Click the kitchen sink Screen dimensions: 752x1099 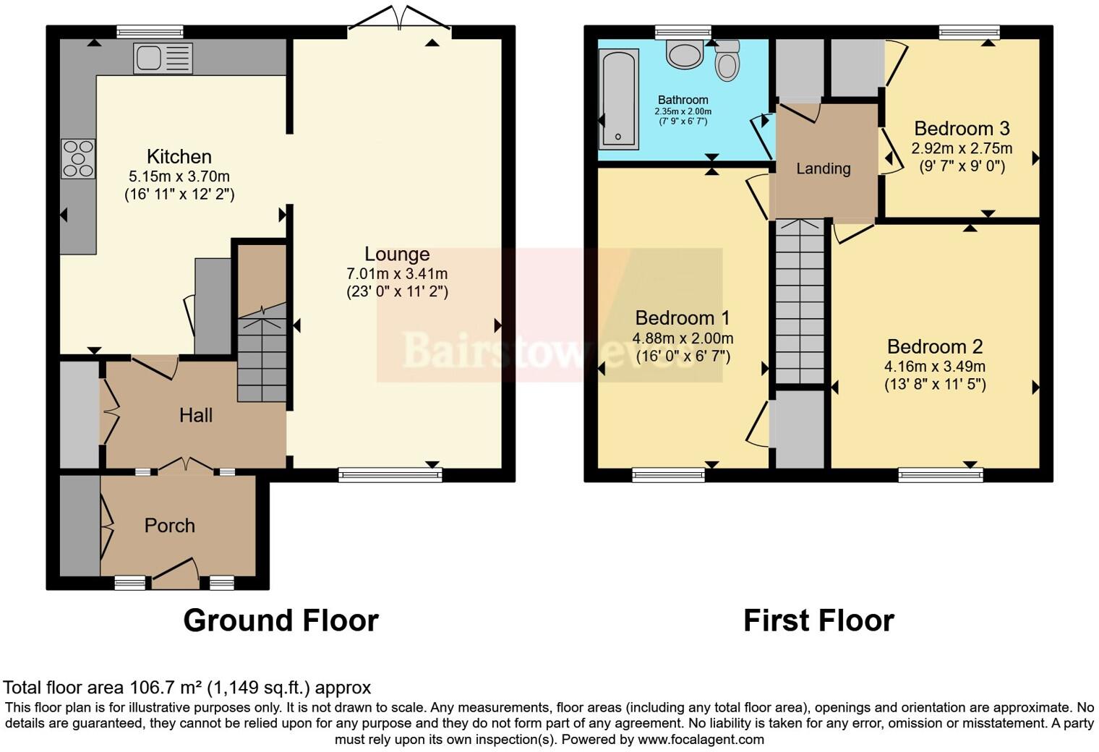(x=163, y=58)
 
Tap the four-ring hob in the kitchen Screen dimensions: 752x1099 (x=78, y=158)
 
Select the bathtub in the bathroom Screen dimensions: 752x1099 (x=618, y=98)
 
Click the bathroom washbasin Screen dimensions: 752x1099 (x=684, y=54)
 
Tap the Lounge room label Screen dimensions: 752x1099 (x=397, y=254)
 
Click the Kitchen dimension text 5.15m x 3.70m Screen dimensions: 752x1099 (x=179, y=176)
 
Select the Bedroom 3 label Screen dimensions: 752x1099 (x=962, y=129)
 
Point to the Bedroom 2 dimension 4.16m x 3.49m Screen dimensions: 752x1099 (x=935, y=367)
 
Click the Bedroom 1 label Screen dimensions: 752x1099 (x=683, y=318)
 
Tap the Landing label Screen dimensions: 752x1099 (x=823, y=168)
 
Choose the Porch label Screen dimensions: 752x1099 (x=170, y=526)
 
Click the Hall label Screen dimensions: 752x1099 (x=196, y=415)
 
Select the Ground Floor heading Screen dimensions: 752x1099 (x=281, y=620)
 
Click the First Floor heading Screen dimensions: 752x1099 (x=818, y=620)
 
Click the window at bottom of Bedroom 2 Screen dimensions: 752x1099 (x=941, y=474)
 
